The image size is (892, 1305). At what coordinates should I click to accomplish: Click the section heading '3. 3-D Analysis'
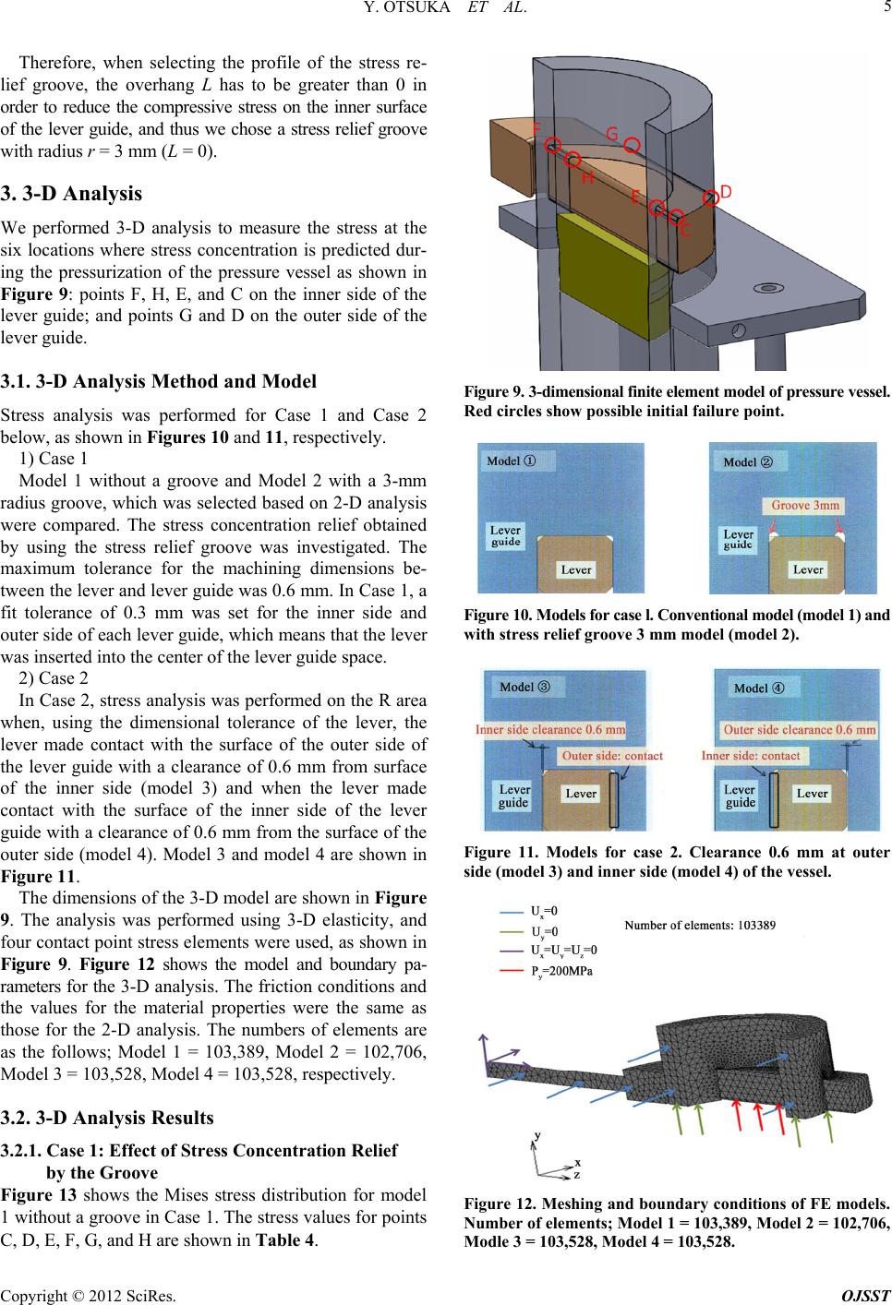(75, 194)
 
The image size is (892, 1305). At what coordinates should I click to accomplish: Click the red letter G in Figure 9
(611, 134)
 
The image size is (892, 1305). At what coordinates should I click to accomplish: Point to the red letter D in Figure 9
(726, 191)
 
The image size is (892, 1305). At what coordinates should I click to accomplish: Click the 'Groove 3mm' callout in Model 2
(805, 505)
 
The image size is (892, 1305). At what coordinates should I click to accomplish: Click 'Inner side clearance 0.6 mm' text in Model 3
(550, 729)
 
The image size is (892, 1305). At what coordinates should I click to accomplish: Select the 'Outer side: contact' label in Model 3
(612, 756)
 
